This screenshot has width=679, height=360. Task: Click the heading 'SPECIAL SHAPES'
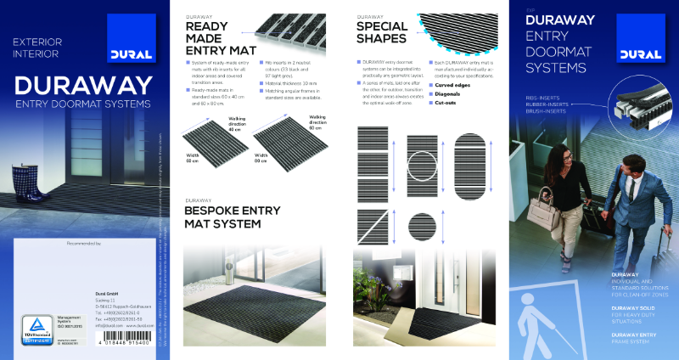(x=382, y=32)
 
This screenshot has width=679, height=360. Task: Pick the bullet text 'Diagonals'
(x=450, y=93)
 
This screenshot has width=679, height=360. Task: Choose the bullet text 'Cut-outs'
(x=447, y=102)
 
